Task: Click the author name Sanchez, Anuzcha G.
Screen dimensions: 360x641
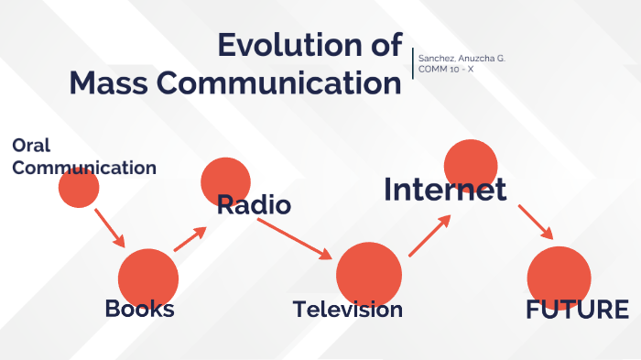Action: tap(461, 59)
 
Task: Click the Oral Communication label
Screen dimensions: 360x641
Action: tap(83, 157)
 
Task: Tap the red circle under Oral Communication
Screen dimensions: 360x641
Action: tap(79, 188)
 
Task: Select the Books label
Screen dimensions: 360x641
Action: tap(139, 309)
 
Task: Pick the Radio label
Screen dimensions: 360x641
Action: tap(254, 205)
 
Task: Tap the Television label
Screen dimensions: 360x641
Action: tap(348, 310)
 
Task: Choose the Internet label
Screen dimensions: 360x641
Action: tap(445, 189)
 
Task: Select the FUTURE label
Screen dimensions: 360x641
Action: tap(577, 310)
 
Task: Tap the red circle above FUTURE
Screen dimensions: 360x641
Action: tap(560, 275)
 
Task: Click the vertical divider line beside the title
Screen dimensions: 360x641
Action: tap(413, 63)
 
